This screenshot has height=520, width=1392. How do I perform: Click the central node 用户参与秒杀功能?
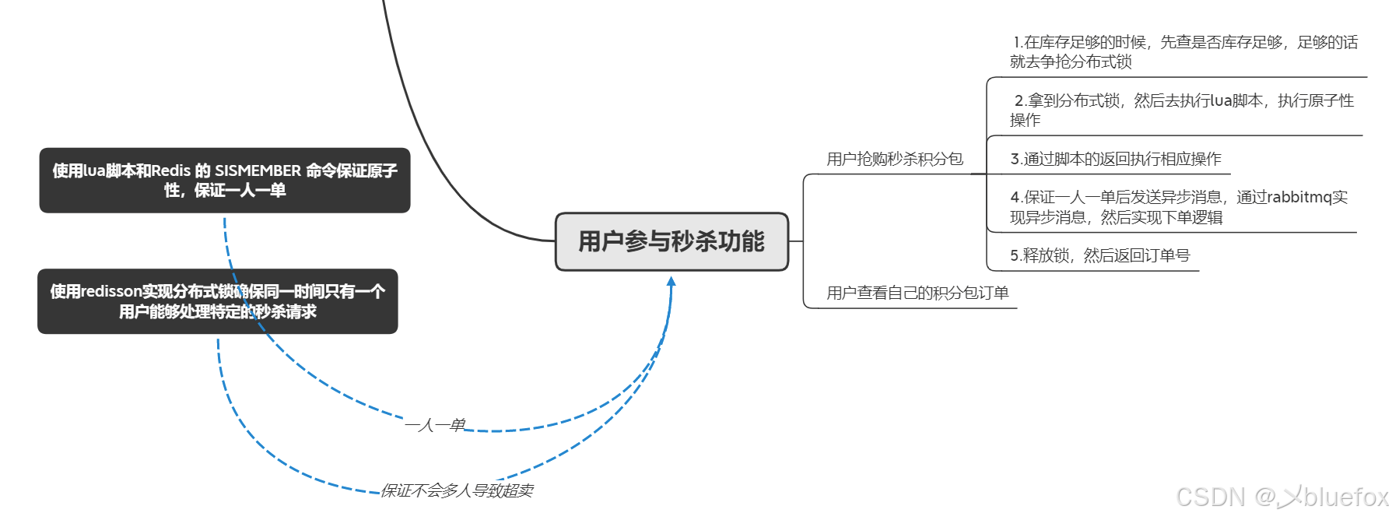(x=671, y=241)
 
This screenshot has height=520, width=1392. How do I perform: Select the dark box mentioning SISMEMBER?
(x=225, y=181)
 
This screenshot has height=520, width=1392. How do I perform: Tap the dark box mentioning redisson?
(x=218, y=301)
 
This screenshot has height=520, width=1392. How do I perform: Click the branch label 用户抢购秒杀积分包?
(x=895, y=160)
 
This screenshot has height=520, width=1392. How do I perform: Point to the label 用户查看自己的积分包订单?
(x=917, y=293)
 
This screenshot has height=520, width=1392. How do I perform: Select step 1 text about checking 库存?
(x=1183, y=51)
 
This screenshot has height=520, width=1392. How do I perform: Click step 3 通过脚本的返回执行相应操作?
(x=1115, y=160)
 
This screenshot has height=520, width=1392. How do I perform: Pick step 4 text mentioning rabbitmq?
(x=1178, y=207)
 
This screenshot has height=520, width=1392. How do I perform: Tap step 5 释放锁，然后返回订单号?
(x=1099, y=255)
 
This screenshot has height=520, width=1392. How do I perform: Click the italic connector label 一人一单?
(x=435, y=425)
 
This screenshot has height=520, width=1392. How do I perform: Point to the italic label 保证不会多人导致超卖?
(x=457, y=490)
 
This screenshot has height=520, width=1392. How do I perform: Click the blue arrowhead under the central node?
(x=671, y=281)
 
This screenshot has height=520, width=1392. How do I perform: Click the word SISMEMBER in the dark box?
(x=258, y=170)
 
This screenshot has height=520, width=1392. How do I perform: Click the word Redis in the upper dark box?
(x=170, y=170)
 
